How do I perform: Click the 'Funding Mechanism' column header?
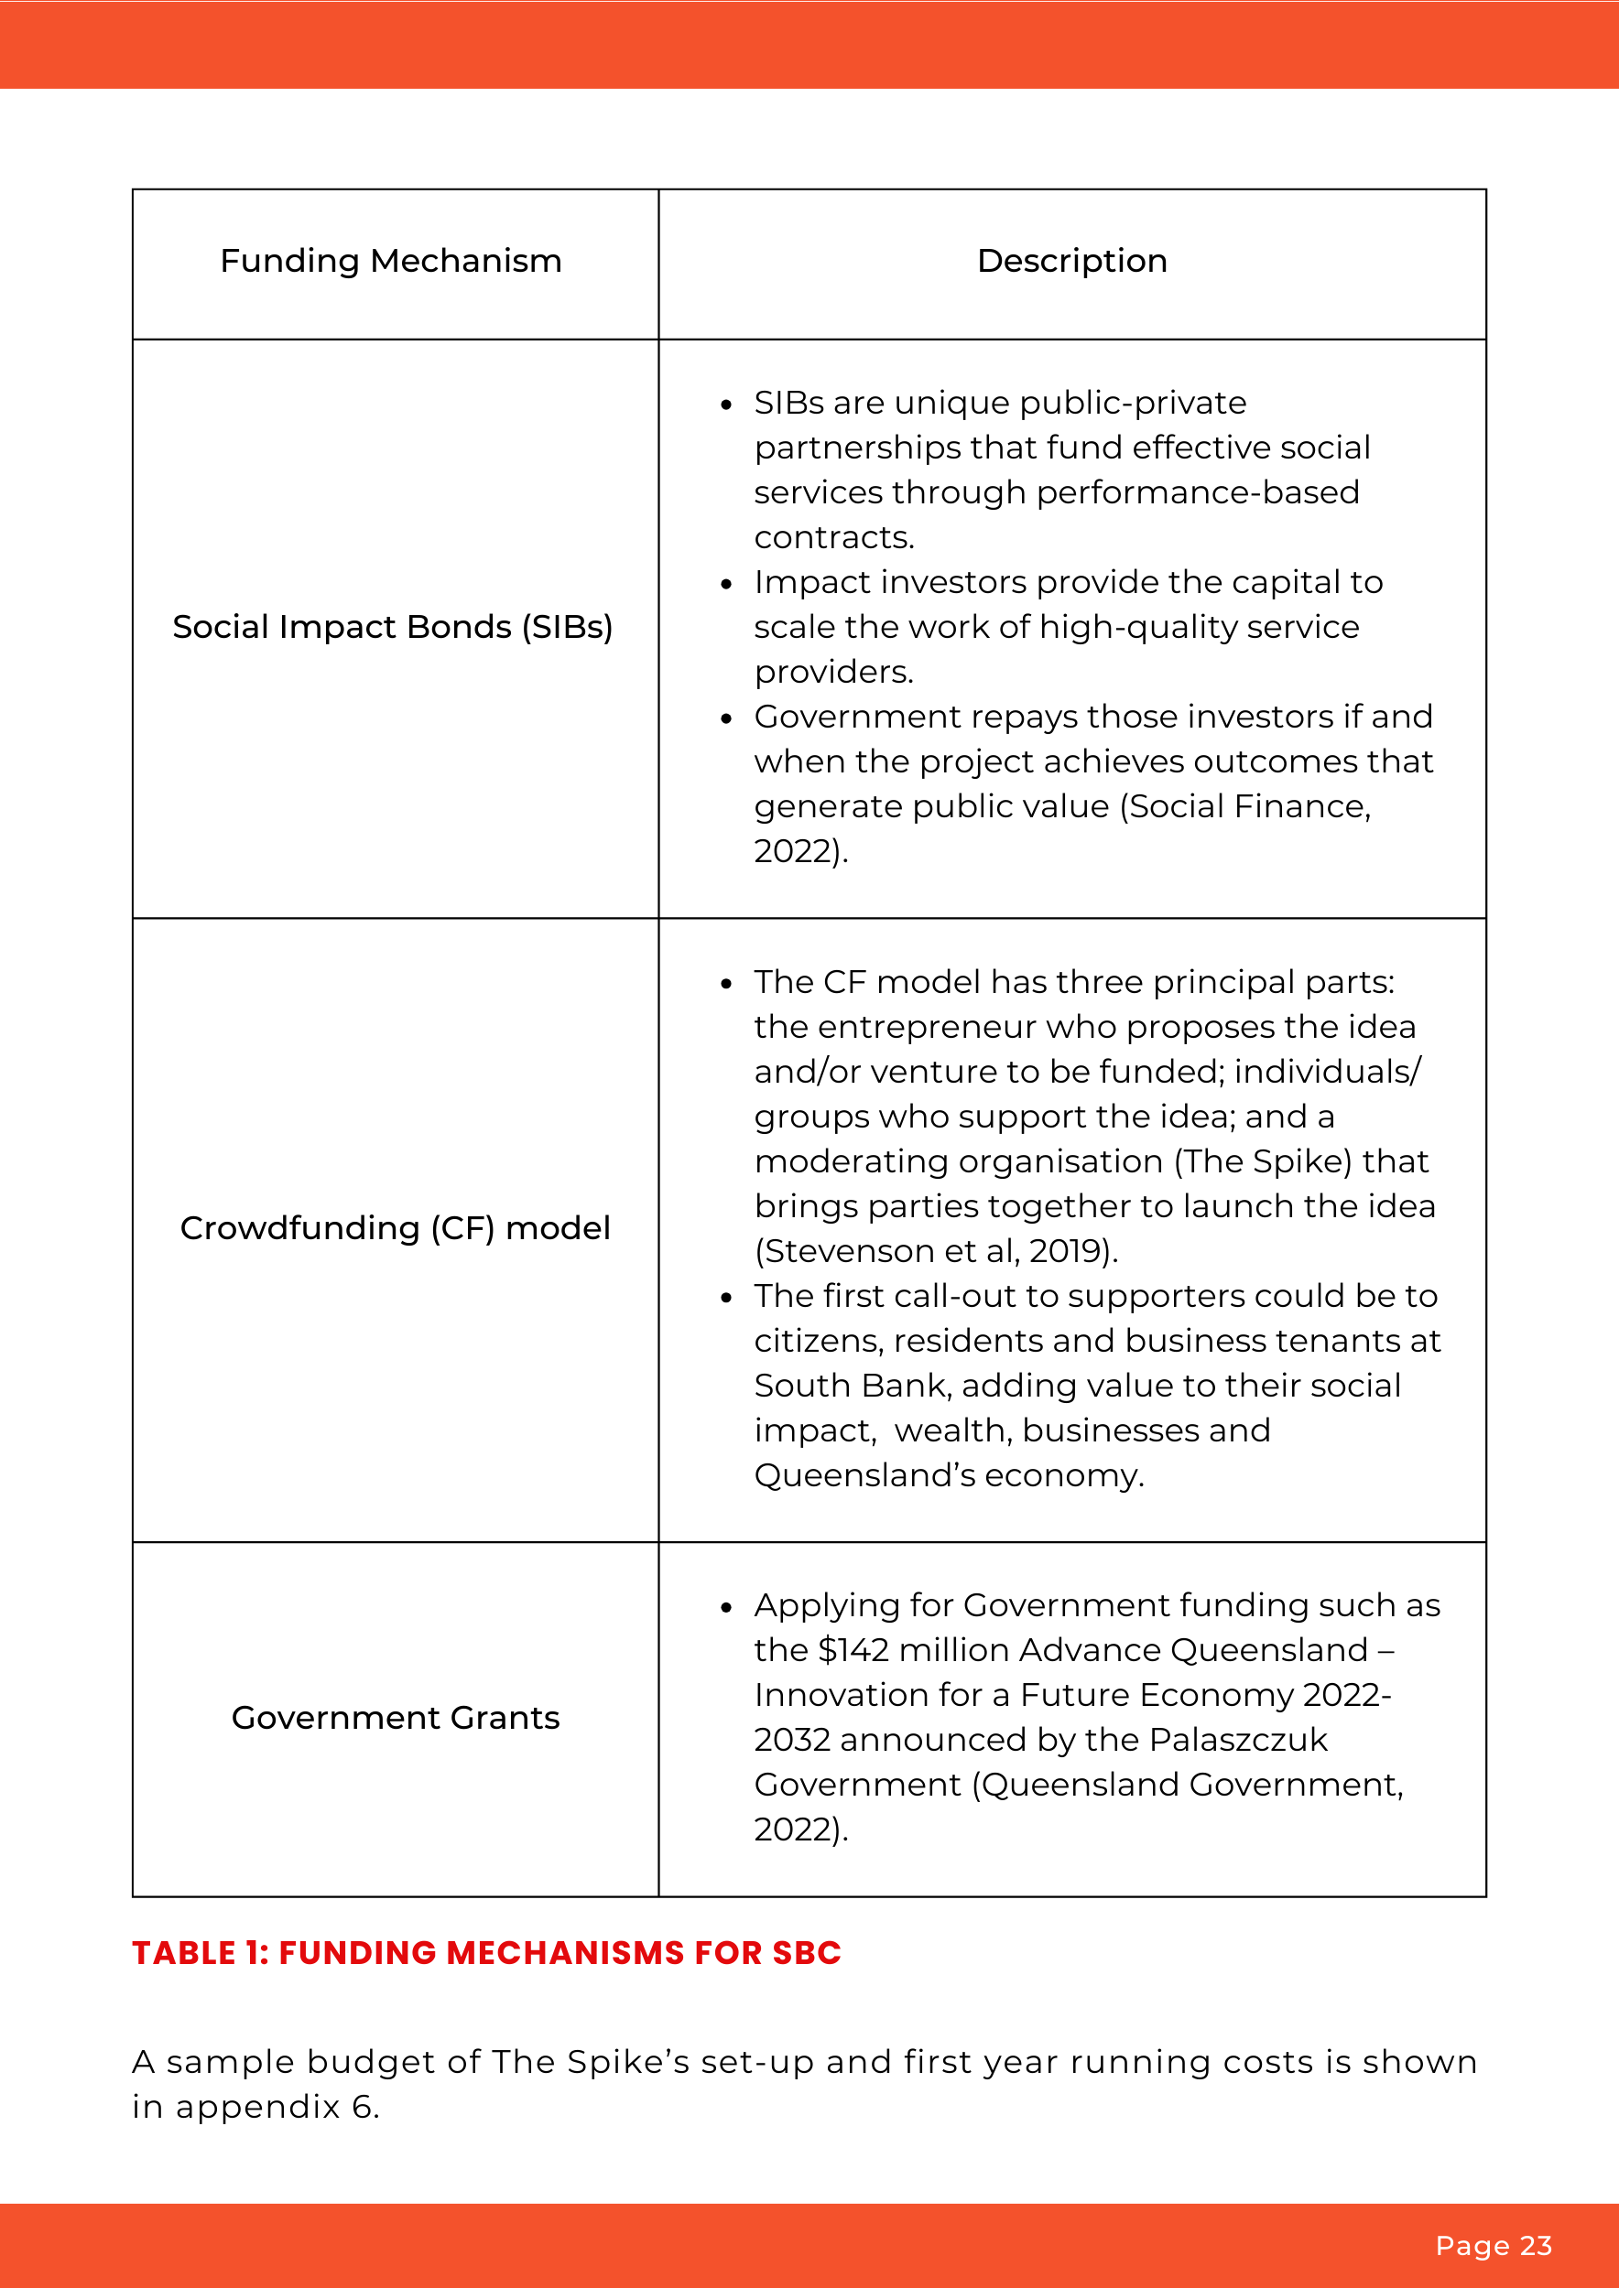coord(391,261)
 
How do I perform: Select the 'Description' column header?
coord(1071,261)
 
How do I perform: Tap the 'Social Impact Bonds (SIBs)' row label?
coord(392,627)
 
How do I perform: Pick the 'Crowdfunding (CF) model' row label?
coord(395,1227)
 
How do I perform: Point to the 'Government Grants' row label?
coord(395,1717)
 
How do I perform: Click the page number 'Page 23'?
coord(1493,2245)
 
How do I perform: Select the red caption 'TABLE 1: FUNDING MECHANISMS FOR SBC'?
coord(486,1952)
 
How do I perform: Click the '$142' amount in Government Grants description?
coord(853,1650)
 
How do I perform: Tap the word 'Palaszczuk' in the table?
coord(1238,1740)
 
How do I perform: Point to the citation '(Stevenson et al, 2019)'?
coord(936,1252)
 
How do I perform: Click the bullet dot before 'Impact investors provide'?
coord(727,584)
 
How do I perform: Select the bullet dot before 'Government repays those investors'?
coord(727,718)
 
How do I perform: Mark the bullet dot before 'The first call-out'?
coord(727,1298)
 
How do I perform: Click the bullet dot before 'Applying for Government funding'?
coord(727,1607)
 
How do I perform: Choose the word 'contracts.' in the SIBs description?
coord(833,538)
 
